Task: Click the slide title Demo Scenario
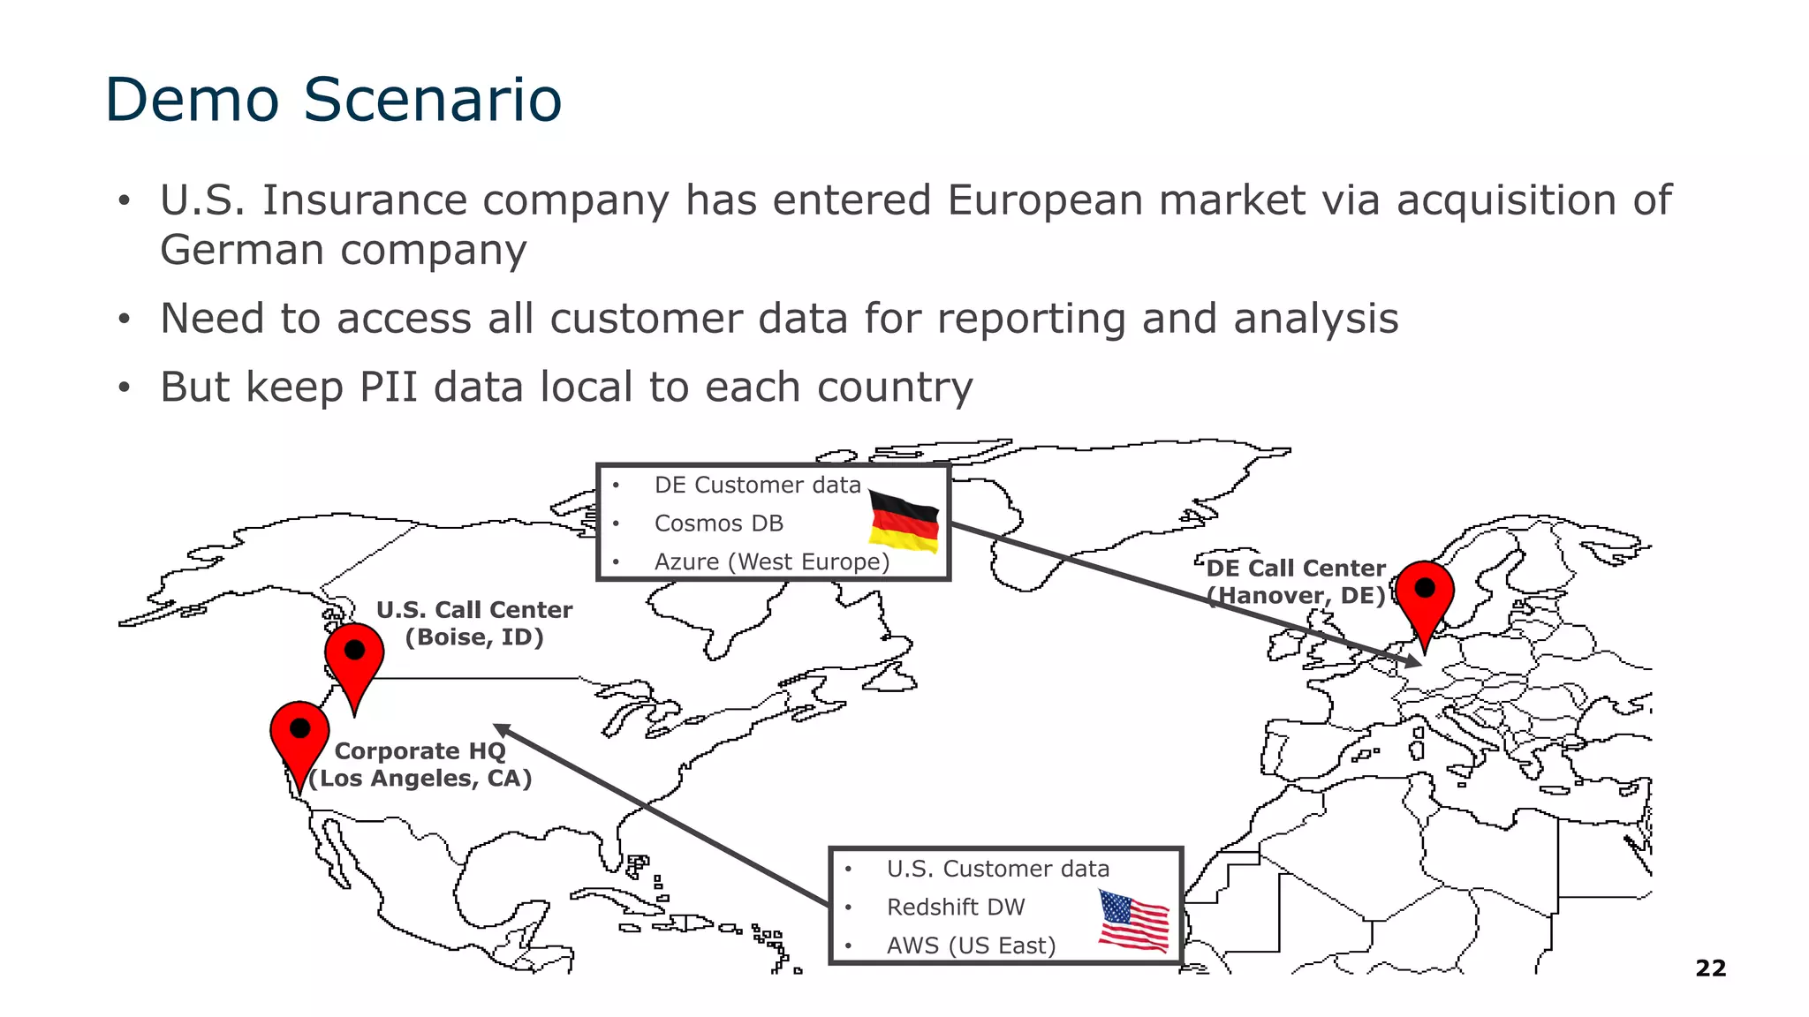point(333,99)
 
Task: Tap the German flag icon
point(904,521)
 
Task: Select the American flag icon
point(1133,922)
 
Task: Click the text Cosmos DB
point(718,524)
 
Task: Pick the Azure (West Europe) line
point(771,562)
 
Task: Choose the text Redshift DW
point(956,908)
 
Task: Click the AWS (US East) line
point(971,946)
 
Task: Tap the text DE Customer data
point(757,486)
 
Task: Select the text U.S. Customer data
point(997,870)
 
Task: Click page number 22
point(1710,968)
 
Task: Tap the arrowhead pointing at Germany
point(1414,660)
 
